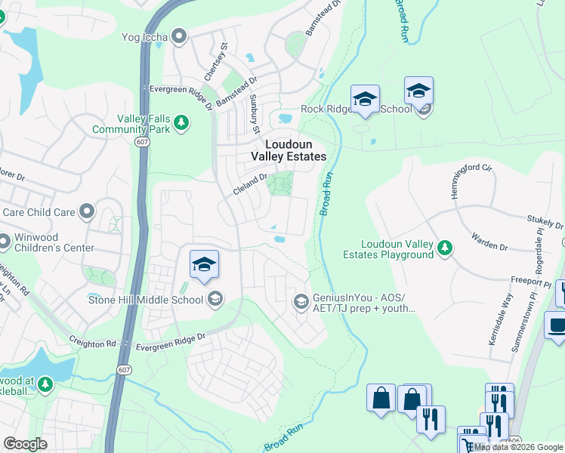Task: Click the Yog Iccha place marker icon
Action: click(x=179, y=35)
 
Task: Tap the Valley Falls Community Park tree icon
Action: click(x=181, y=122)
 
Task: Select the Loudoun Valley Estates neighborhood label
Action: click(x=295, y=149)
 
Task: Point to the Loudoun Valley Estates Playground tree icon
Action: click(x=446, y=247)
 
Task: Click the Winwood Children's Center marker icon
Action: click(x=5, y=242)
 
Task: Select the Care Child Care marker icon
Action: click(x=88, y=211)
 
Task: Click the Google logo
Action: click(x=25, y=444)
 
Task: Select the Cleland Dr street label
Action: click(x=251, y=184)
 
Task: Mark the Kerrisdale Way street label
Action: click(x=500, y=320)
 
